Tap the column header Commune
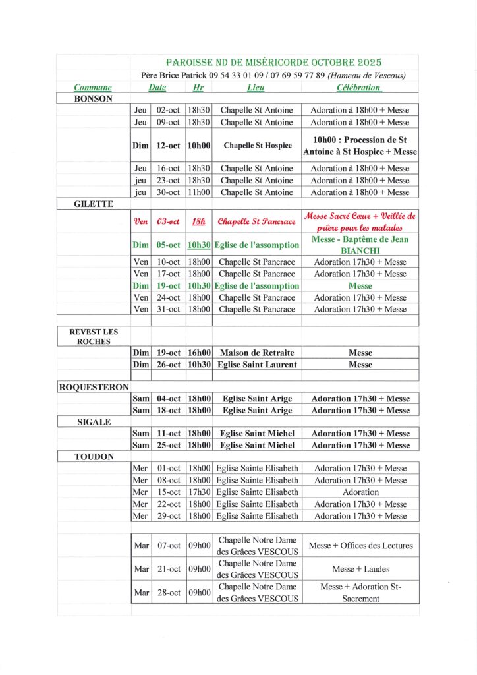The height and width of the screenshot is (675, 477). click(x=93, y=88)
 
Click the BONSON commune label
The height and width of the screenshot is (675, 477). click(x=94, y=99)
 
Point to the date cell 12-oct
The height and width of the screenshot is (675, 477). click(x=168, y=146)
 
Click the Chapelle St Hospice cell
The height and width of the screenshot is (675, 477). click(x=256, y=146)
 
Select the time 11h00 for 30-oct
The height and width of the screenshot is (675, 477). click(x=198, y=192)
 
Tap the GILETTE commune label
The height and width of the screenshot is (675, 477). click(x=94, y=204)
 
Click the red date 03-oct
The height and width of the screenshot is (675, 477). click(x=168, y=221)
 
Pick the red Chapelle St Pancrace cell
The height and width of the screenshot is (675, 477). click(x=256, y=221)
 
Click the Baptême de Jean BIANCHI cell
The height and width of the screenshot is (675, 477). click(x=360, y=245)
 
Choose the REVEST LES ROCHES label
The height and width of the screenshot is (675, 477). click(x=94, y=337)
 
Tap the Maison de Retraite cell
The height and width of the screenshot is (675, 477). click(x=256, y=353)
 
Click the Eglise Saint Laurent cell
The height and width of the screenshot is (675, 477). click(x=256, y=364)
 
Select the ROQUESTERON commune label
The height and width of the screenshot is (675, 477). click(x=94, y=388)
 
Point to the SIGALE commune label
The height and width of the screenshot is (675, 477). click(x=94, y=422)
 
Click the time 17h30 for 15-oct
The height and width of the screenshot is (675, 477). click(x=198, y=492)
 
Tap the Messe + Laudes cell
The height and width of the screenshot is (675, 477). click(x=360, y=569)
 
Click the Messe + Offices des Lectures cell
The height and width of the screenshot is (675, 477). click(x=360, y=546)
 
